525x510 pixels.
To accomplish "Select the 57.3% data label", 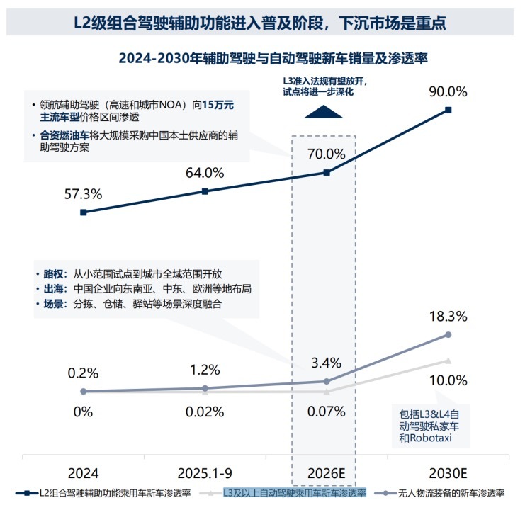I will pos(83,193).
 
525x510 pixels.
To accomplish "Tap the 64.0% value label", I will pos(205,173).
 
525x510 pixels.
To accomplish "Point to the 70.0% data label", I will pos(326,154).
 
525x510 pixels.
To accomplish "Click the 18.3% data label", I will pos(447,317).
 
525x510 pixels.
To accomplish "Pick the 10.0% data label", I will pos(449,380).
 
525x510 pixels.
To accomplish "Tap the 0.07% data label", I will pos(326,411).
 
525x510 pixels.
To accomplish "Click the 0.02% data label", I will pos(205,412).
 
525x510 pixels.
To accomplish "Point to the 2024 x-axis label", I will pos(83,472).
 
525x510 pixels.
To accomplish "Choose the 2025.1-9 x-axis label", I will pos(205,472).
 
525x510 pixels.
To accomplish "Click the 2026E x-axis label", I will pos(326,472).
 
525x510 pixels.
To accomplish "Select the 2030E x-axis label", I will pos(447,472).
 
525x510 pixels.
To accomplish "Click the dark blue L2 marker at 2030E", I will pos(447,110).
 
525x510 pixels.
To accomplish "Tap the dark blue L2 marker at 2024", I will pos(83,212).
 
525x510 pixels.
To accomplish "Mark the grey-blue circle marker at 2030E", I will pos(447,334).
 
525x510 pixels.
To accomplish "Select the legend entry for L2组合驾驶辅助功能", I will pos(106,493).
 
